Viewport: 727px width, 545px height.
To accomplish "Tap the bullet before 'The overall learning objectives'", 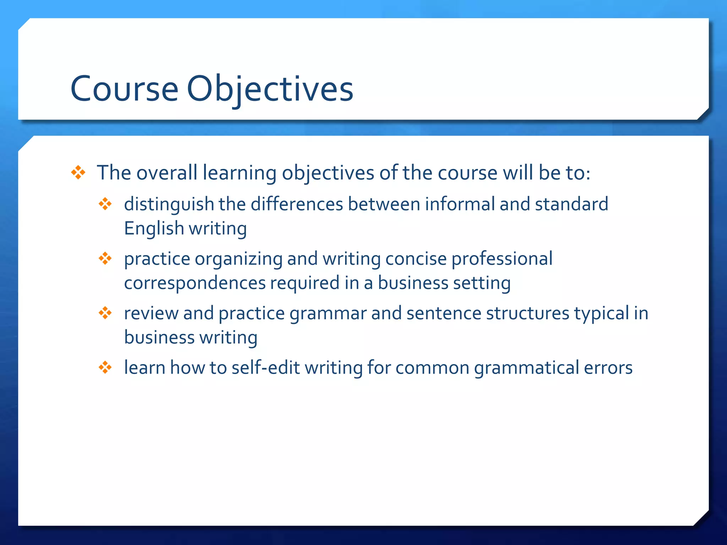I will click(x=78, y=173).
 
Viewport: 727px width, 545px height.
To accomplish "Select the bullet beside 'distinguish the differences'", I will click(x=105, y=204).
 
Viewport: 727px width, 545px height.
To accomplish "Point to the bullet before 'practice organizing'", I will click(x=105, y=258).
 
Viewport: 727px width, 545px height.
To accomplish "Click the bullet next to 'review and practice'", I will click(x=105, y=313).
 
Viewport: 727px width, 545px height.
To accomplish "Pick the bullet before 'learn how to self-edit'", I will click(x=105, y=367).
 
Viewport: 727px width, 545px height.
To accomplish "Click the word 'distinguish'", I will click(x=169, y=205).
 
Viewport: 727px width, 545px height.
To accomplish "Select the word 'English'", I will click(x=154, y=228).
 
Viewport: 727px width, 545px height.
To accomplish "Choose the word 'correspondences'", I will click(x=195, y=283).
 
